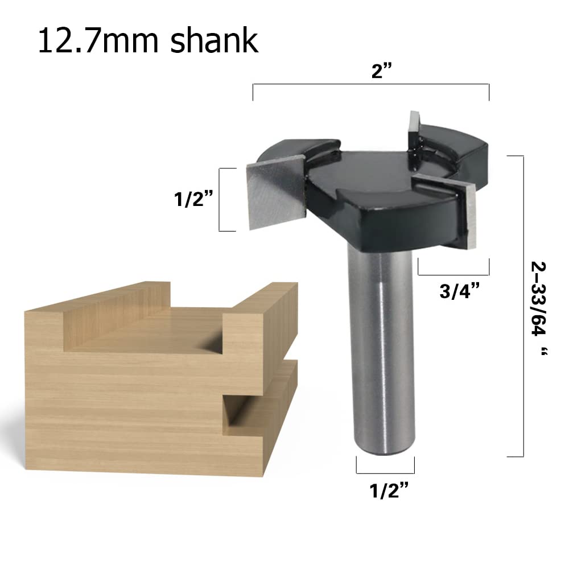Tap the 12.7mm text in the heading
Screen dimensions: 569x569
point(98,41)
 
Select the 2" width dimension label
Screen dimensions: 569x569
point(382,71)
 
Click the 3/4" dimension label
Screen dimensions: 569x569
point(459,291)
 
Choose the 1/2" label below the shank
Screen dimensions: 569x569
point(389,490)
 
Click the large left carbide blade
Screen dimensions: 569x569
point(276,193)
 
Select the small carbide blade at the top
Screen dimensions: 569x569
point(414,129)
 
